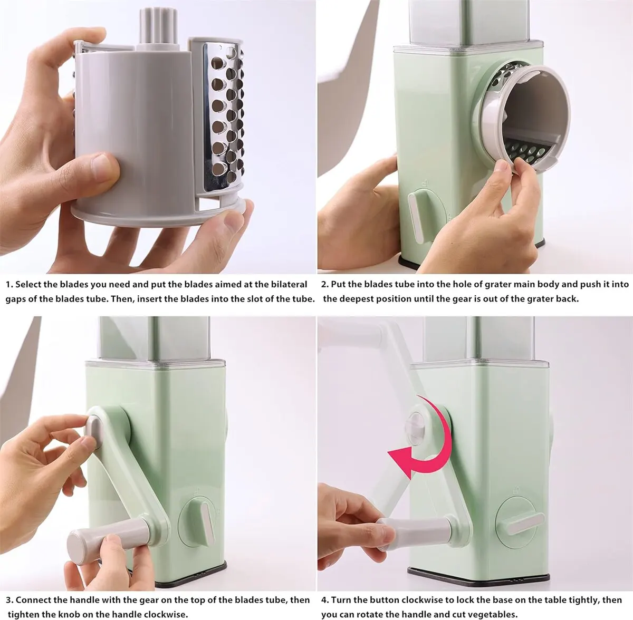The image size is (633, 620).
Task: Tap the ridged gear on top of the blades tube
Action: [x=159, y=26]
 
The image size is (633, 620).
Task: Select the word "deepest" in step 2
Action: [x=356, y=299]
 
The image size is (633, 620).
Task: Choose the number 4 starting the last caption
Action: [x=325, y=600]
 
